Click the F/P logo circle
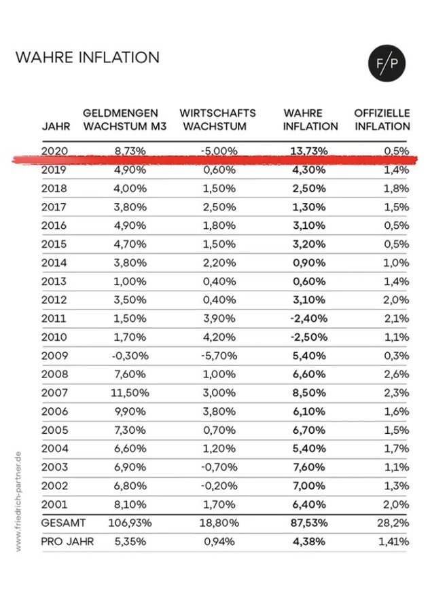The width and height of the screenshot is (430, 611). coord(387,63)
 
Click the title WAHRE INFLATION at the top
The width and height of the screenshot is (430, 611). coord(88,57)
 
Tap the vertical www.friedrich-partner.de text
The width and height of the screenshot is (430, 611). coord(18,502)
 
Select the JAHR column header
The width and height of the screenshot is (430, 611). coord(56,126)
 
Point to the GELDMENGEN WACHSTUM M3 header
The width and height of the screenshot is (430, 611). coord(125,119)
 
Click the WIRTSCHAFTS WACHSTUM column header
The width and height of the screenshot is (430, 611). coord(217,119)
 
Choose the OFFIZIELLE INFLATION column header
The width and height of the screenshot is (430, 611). coord(382,119)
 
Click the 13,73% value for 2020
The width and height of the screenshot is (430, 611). coord(309,151)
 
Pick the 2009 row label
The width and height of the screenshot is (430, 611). coord(54,356)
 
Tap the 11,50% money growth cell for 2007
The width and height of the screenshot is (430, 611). coord(130,393)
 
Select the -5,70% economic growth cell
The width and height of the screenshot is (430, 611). coord(219,356)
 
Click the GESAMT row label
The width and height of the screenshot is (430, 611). coord(63,523)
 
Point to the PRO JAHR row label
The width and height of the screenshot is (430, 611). coord(67,542)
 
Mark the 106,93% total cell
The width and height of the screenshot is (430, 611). coord(130,523)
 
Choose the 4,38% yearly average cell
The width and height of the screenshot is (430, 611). coord(309,542)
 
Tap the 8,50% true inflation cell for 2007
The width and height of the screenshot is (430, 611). coord(309,393)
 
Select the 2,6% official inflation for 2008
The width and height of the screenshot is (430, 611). coord(397,374)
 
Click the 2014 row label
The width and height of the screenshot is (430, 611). coord(54,263)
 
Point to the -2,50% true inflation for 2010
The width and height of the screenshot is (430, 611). coord(309,337)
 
